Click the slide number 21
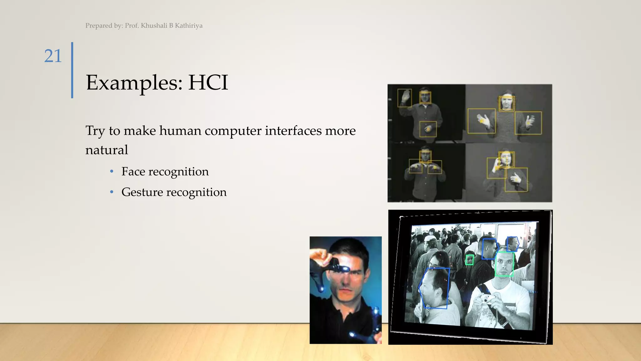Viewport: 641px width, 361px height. click(53, 56)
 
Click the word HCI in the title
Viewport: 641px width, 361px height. click(208, 83)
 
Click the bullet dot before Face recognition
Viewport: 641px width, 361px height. click(112, 171)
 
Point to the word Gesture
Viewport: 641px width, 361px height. click(142, 192)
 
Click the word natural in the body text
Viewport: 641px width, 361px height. click(107, 150)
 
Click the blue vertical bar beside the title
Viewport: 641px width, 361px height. click(72, 70)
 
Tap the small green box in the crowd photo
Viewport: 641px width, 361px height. click(469, 260)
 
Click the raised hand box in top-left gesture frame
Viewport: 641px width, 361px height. click(404, 98)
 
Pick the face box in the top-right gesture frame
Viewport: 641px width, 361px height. click(506, 103)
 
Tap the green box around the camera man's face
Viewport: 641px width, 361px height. click(504, 264)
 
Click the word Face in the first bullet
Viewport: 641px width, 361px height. click(133, 172)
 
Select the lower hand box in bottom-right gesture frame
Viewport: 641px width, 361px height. click(516, 180)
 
